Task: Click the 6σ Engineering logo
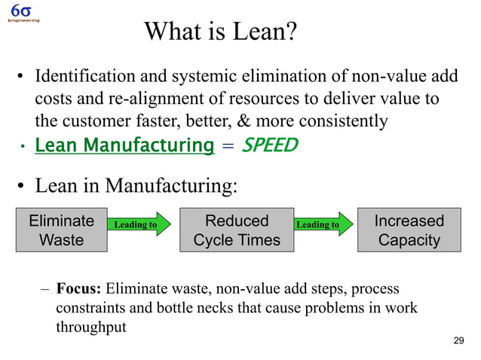tap(23, 13)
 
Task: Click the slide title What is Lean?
tap(220, 32)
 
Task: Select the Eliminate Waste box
tap(61, 230)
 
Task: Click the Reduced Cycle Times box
tap(237, 230)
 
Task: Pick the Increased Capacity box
tap(409, 230)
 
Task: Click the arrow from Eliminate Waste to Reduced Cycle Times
tap(139, 224)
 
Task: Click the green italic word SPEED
tap(270, 144)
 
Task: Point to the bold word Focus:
tap(79, 289)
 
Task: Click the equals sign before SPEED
tap(227, 145)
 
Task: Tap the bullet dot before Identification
tap(23, 78)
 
